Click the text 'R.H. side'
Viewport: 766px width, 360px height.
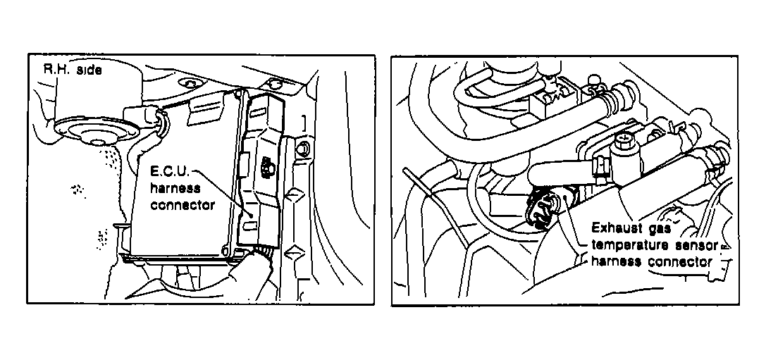click(73, 70)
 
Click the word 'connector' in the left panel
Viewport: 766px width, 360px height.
click(183, 205)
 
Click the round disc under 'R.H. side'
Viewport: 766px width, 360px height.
click(94, 131)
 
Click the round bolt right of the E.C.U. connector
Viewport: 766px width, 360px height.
click(302, 148)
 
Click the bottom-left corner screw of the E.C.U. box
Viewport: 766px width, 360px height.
click(226, 252)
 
